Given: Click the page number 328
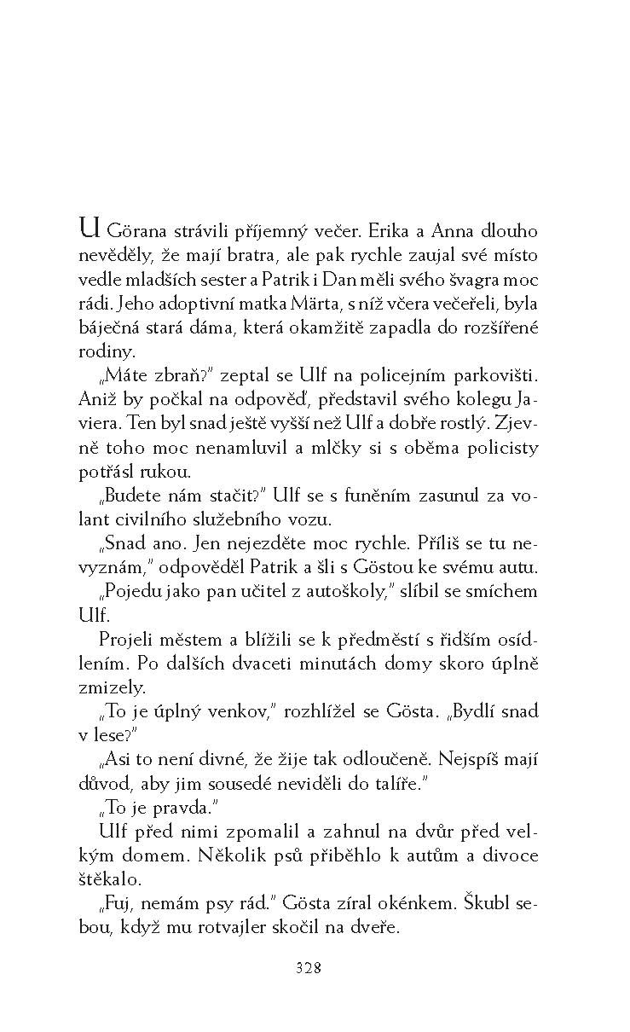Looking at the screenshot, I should [307, 968].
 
